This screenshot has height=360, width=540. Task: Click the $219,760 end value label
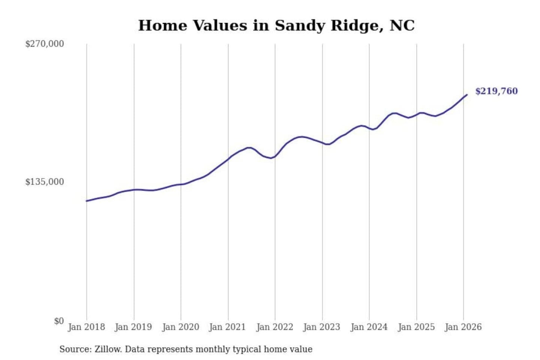[496, 91]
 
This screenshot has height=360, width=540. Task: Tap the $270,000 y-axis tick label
[45, 44]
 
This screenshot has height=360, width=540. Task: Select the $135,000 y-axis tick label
[45, 182]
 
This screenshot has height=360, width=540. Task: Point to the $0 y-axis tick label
[59, 321]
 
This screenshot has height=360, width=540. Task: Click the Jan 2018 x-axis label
[86, 327]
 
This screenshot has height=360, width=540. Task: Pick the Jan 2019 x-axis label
[133, 327]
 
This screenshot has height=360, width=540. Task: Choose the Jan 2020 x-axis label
[180, 327]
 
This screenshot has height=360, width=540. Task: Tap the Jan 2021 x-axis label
[227, 327]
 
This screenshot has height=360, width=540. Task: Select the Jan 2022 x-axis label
[274, 327]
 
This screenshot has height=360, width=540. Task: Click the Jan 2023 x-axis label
[321, 327]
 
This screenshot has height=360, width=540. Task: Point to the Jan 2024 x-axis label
[369, 327]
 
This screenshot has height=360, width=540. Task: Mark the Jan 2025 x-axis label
[416, 327]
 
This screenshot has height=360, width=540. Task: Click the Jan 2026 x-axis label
[463, 327]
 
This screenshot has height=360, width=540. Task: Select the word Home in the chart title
[162, 26]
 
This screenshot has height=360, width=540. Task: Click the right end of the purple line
[467, 95]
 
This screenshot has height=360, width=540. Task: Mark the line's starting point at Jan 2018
[87, 201]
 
